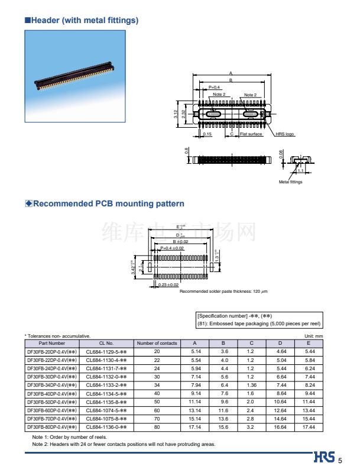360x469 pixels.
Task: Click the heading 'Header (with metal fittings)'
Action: pos(84,21)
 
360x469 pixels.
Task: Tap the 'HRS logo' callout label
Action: pos(285,134)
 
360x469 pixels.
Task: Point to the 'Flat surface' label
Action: pos(251,134)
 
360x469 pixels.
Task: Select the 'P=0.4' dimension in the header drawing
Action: pos(214,88)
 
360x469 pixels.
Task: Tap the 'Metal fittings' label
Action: pos(290,182)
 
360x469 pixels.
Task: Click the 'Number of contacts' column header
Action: pos(157,343)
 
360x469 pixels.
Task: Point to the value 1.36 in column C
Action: pos(251,384)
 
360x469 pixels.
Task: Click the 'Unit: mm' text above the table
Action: pos(314,336)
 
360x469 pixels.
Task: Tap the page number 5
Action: pos(340,460)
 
